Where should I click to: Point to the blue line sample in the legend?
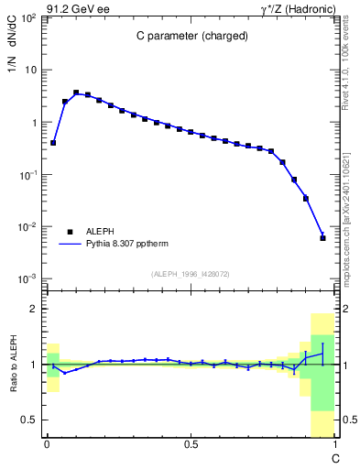point(69,245)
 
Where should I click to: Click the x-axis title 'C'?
point(335,457)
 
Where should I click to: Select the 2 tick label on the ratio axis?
point(34,310)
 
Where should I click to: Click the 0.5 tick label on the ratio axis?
point(29,420)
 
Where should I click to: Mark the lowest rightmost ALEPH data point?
point(322,238)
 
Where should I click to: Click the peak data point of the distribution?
point(76,93)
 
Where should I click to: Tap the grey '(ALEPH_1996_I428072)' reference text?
point(190,274)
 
